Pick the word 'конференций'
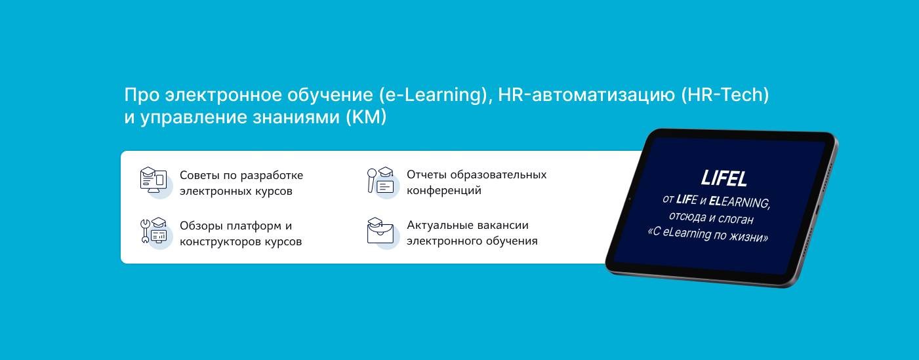pos(444,191)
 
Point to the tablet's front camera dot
pos(629,199)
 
